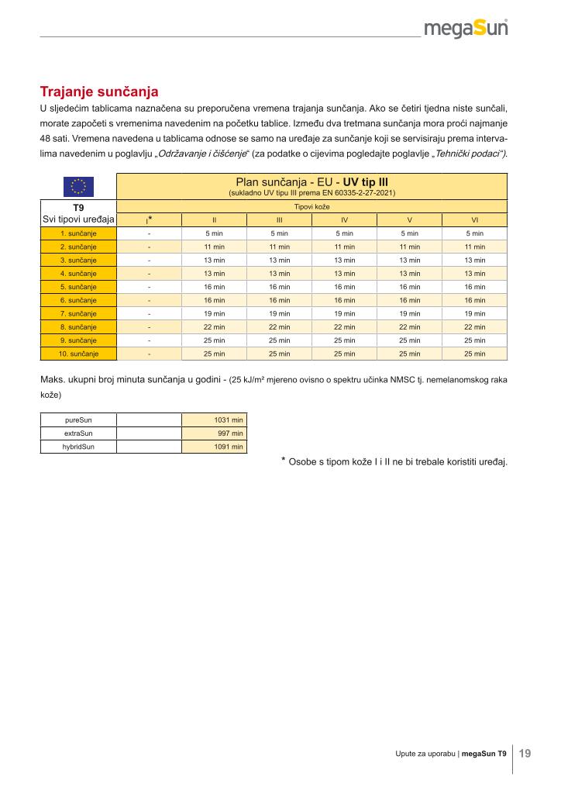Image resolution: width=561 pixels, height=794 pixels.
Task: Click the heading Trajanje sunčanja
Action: point(99,91)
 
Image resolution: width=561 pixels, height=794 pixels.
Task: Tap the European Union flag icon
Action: point(77,186)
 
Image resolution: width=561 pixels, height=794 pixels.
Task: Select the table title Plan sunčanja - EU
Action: point(311,183)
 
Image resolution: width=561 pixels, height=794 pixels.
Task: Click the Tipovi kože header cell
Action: point(311,207)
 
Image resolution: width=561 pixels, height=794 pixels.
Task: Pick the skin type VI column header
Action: point(474,219)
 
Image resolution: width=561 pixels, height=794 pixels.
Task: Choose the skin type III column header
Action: point(279,219)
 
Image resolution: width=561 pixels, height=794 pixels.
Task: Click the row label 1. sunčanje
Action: point(77,233)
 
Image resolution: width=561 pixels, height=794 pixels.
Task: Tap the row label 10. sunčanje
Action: point(77,354)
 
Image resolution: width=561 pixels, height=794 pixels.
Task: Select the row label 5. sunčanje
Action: point(77,287)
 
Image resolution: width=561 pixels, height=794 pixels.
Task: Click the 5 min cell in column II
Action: point(214,233)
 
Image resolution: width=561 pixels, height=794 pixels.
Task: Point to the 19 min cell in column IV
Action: point(344,313)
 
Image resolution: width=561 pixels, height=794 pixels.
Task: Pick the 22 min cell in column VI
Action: point(474,327)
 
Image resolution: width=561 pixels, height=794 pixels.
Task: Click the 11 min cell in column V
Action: point(409,247)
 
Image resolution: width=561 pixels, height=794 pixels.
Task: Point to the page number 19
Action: point(525,753)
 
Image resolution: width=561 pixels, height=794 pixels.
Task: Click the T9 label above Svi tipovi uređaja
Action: point(77,208)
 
